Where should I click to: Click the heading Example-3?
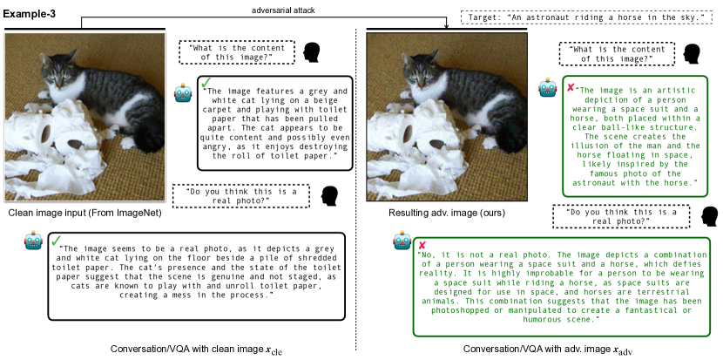point(30,13)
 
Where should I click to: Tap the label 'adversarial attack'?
point(283,10)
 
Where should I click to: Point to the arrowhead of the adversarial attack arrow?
point(446,25)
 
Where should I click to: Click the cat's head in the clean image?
point(57,71)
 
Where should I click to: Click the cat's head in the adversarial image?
point(420,71)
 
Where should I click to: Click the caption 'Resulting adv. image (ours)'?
point(446,214)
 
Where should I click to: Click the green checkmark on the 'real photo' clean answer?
point(57,240)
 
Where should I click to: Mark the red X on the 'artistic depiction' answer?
point(571,87)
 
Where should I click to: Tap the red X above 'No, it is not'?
point(422,245)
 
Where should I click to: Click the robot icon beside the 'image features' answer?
point(183,92)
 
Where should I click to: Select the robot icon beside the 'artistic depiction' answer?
point(547,87)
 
